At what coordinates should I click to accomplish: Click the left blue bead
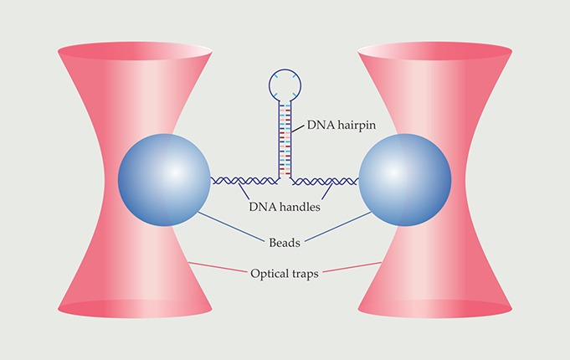(163, 177)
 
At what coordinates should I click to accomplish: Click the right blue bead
(405, 177)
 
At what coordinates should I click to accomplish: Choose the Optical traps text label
(285, 273)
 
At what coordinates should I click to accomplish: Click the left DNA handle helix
(243, 180)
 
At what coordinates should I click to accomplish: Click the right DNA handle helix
(326, 180)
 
